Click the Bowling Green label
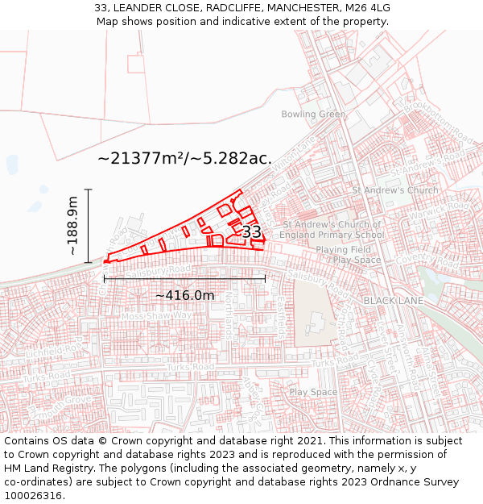point(313,115)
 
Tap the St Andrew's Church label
point(395,190)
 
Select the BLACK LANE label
point(392,300)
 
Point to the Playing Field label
point(343,250)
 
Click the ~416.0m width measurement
point(185,295)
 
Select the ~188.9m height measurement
point(73,226)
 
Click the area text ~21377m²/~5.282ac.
point(184,158)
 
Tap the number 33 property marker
point(251,232)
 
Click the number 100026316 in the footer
point(34,496)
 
